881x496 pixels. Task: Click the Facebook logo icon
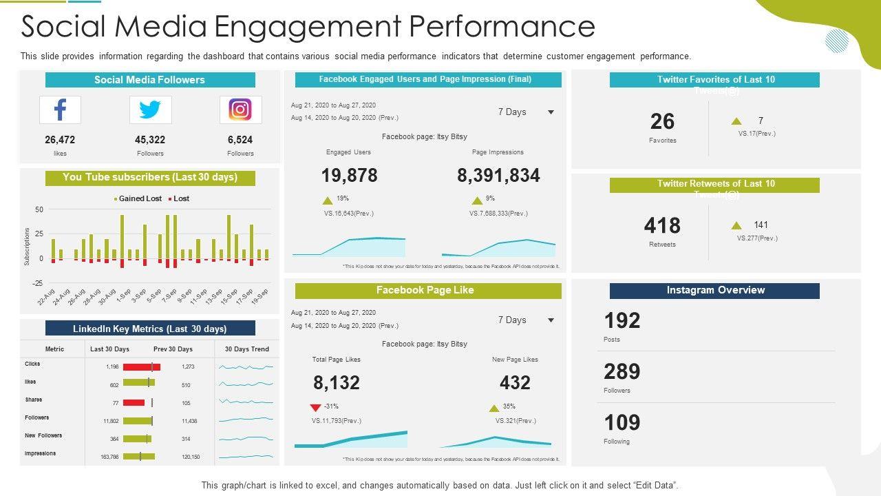click(60, 110)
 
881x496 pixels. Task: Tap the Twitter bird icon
click(150, 110)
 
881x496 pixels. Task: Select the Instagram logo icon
click(240, 110)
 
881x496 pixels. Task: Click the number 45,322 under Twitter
click(150, 140)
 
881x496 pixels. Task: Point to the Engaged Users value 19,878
click(349, 176)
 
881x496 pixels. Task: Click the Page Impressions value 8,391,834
click(498, 176)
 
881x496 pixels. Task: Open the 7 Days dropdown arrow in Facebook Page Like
click(551, 320)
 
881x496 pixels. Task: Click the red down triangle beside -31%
click(316, 407)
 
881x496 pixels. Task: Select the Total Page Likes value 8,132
click(337, 383)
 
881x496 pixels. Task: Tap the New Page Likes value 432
click(515, 383)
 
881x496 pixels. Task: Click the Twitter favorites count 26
click(662, 122)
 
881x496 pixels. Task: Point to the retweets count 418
click(662, 226)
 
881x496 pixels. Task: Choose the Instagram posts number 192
click(622, 321)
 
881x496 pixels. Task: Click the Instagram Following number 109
click(622, 423)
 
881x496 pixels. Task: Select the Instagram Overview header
click(714, 291)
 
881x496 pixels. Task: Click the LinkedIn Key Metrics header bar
click(150, 329)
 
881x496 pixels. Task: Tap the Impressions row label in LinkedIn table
click(41, 453)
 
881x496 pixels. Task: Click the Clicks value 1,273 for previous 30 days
click(188, 367)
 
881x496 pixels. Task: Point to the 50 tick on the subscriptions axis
click(39, 209)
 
